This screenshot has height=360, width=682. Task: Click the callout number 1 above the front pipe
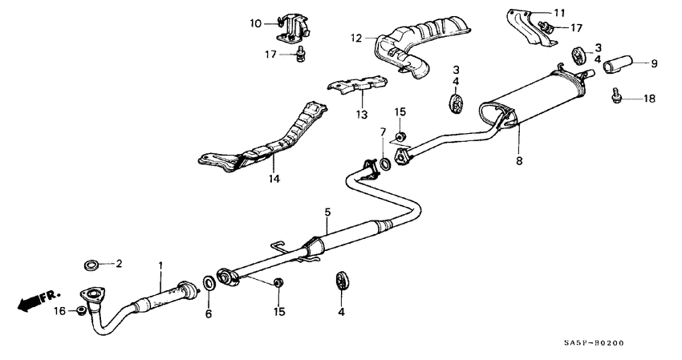point(160,265)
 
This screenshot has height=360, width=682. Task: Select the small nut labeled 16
point(81,310)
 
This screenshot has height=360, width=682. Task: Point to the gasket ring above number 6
point(209,282)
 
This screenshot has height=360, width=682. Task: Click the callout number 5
point(327,212)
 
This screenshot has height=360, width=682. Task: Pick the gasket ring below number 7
point(386,165)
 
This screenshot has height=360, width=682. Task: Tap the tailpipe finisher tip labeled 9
point(619,63)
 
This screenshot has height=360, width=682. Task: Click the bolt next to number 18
point(618,96)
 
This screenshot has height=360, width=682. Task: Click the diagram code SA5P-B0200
point(593,343)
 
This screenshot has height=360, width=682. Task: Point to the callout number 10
point(255,24)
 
